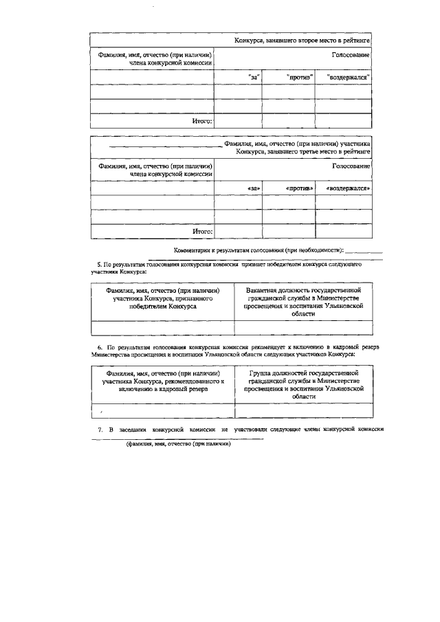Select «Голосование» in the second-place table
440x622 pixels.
[x=351, y=55]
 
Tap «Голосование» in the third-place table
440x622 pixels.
[x=351, y=166]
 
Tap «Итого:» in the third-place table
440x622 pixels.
[x=202, y=232]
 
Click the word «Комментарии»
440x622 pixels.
[x=195, y=250]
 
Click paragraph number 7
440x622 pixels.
[x=99, y=430]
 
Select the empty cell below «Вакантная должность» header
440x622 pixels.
[x=303, y=327]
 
